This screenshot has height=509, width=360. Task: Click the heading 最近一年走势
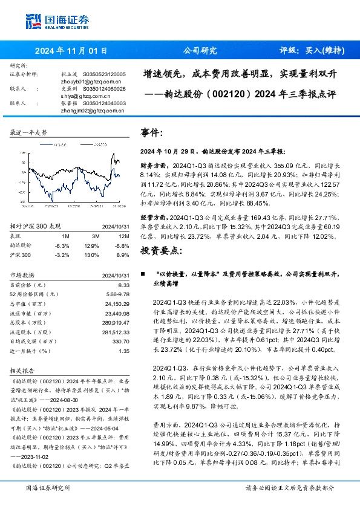[29, 132]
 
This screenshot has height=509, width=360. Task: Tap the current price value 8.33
[124, 284]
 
